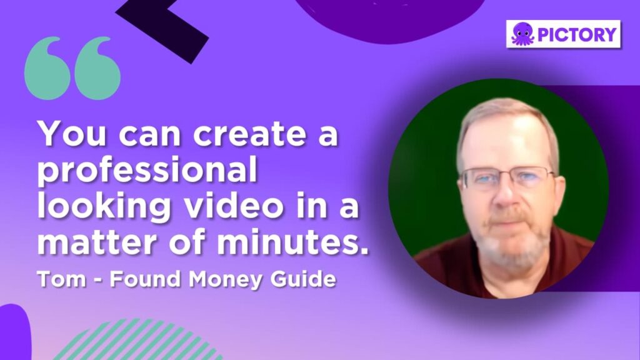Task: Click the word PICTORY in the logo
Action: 577,34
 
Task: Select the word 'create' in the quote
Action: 249,134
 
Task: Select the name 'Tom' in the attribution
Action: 62,279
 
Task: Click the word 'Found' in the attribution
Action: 145,279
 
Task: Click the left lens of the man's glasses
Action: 483,180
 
